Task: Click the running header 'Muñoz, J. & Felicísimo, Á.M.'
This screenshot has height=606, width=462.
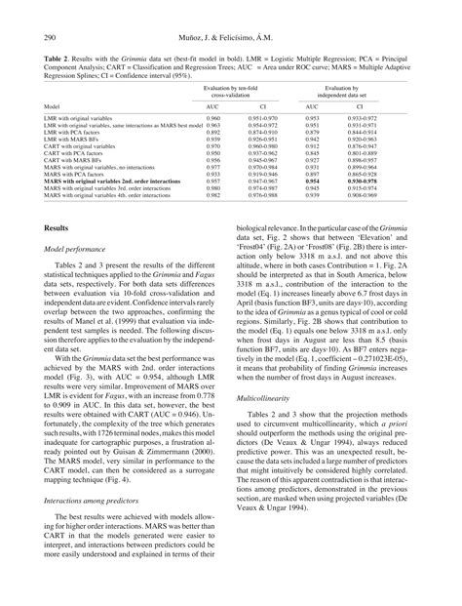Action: pyautogui.click(x=230, y=37)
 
